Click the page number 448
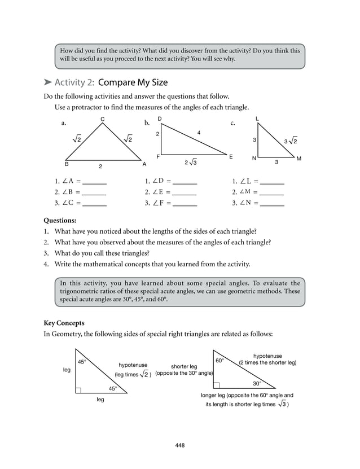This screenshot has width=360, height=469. pos(180,445)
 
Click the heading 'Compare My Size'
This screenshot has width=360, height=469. pos(133,82)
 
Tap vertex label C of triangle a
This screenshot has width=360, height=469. pos(102,119)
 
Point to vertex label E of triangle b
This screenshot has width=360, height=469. pos(231,156)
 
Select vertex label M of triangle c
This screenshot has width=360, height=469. pos(298,159)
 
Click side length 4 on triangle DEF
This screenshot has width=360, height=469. pos(199,132)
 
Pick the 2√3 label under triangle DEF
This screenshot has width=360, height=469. pos(191,163)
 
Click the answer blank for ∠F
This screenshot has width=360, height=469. pos(185,203)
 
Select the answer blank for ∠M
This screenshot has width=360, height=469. pos(272,192)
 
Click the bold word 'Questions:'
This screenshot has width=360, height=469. pos(60,221)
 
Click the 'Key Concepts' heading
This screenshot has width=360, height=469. pos(64,323)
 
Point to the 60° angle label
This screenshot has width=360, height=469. pos(219,361)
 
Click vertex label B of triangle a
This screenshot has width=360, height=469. pos(67,164)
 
